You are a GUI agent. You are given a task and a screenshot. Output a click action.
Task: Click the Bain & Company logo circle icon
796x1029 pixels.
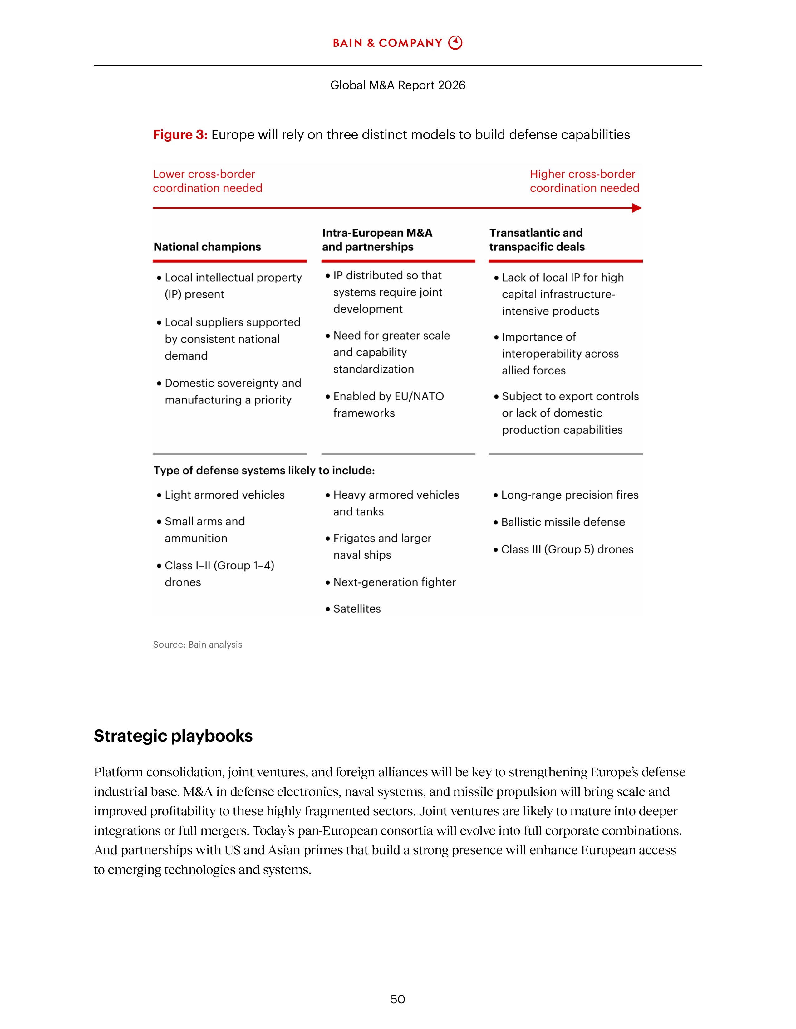point(455,43)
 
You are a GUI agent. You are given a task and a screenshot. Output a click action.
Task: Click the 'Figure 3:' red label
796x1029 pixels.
point(180,135)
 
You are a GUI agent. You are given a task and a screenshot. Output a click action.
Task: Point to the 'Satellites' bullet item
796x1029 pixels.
point(356,609)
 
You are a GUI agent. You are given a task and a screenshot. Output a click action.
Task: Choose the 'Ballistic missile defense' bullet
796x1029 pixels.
point(563,522)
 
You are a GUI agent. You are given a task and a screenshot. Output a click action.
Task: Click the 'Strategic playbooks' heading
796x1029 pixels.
point(173,736)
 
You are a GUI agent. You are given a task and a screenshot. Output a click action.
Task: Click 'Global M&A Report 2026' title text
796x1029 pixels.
point(397,85)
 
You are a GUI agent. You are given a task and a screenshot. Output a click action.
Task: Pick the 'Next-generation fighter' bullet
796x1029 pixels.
point(394,582)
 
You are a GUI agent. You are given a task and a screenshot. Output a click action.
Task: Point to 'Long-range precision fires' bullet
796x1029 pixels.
point(569,495)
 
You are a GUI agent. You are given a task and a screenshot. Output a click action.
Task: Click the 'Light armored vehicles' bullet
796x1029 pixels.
point(224,495)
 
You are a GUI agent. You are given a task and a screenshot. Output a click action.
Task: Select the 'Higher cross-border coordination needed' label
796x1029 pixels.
point(584,181)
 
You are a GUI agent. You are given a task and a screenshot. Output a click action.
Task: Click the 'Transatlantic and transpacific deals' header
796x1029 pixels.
point(537,240)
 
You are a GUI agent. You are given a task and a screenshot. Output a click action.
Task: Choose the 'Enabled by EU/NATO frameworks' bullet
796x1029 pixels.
point(388,405)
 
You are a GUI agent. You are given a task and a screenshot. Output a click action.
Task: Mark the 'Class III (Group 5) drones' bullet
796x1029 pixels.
point(567,549)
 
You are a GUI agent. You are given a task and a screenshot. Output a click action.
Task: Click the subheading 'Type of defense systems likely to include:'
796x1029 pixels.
point(264,471)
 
